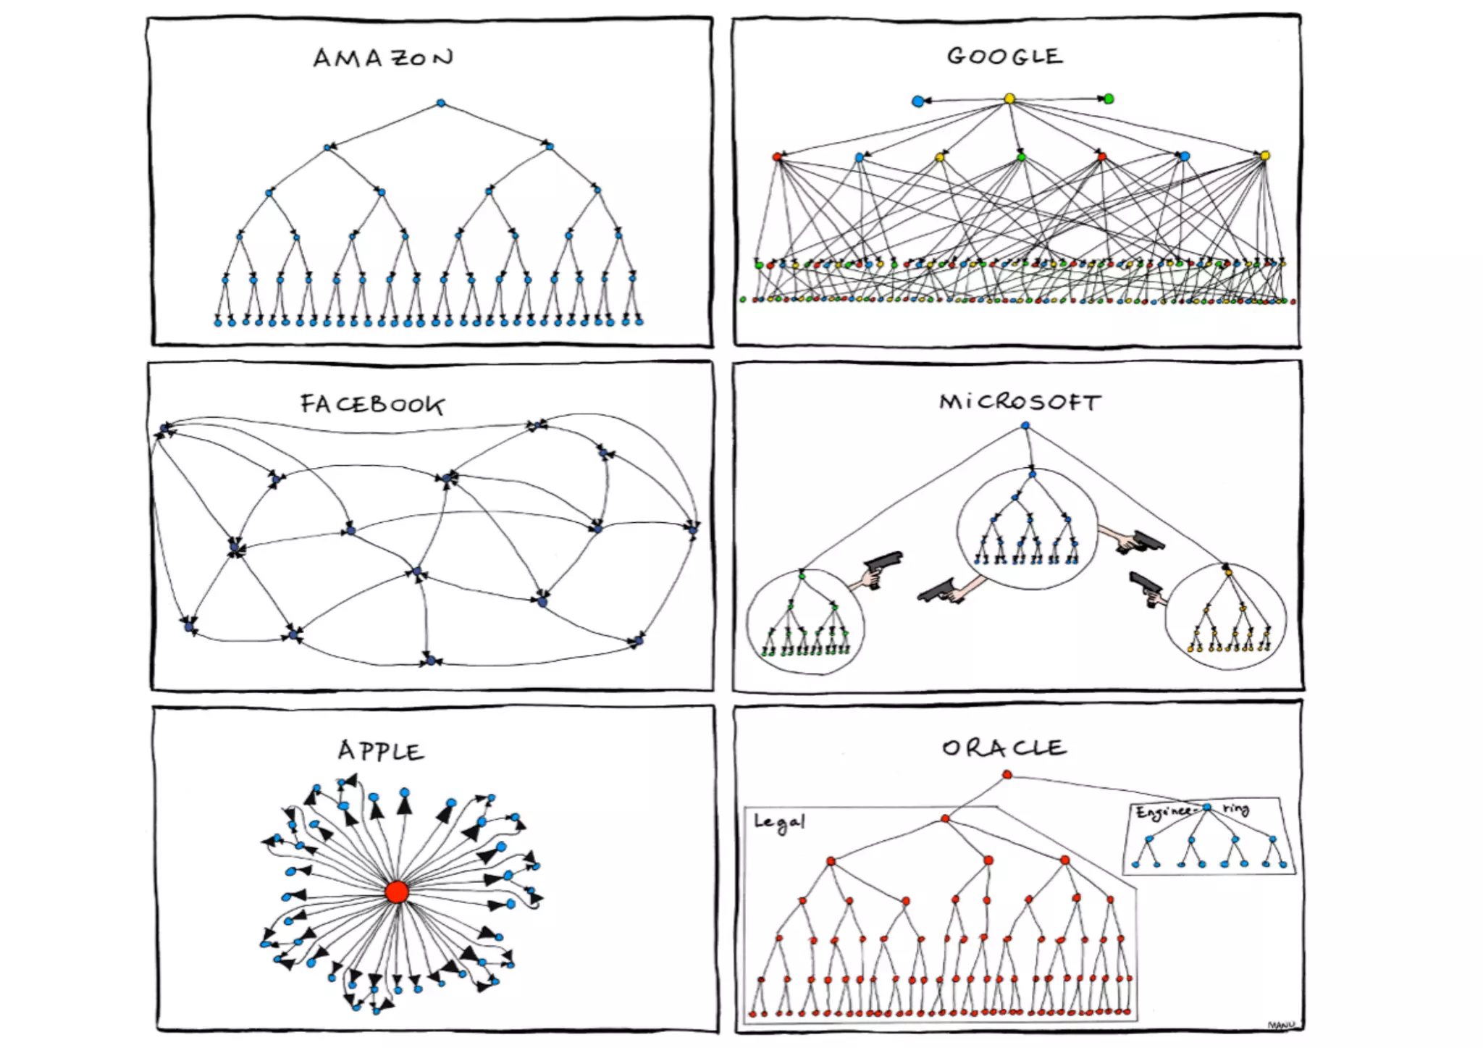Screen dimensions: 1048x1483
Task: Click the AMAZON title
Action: (x=383, y=58)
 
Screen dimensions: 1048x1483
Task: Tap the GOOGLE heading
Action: (x=1004, y=56)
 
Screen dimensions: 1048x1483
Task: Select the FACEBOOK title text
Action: (x=372, y=404)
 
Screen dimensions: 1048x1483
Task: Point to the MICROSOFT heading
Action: (x=1020, y=402)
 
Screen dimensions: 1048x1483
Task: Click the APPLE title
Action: (x=381, y=751)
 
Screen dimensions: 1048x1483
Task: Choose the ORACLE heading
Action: (x=1004, y=748)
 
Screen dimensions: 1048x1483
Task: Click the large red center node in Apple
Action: (x=397, y=892)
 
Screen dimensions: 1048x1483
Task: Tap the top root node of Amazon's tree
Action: (x=441, y=104)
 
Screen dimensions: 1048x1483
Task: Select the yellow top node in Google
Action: (x=1009, y=98)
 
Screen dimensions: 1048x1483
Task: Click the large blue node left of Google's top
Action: (x=918, y=101)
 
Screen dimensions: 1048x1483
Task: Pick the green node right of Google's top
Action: (x=1108, y=98)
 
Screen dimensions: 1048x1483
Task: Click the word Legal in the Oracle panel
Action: (x=779, y=822)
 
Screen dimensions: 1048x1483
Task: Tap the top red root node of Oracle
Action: (x=1007, y=775)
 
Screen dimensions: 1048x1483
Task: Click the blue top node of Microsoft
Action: (x=1025, y=426)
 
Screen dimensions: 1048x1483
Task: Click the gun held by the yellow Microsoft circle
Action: (x=1145, y=587)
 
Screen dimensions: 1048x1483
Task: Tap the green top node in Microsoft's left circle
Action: (x=802, y=576)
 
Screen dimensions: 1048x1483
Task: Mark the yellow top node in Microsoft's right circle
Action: (x=1228, y=572)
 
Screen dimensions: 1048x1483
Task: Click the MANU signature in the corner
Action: (x=1281, y=1025)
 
